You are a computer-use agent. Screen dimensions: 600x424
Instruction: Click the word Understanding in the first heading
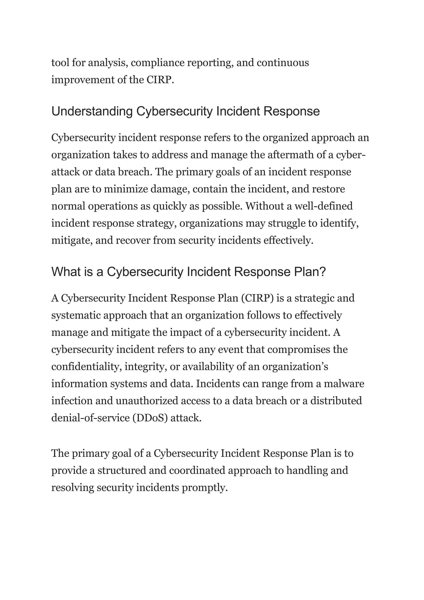tap(92, 112)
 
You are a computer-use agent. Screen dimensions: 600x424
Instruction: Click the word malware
tap(344, 384)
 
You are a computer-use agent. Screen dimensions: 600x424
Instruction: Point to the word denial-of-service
tap(90, 418)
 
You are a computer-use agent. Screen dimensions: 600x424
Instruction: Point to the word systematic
tap(76, 315)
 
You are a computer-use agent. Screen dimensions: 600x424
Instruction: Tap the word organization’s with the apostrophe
tap(295, 367)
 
